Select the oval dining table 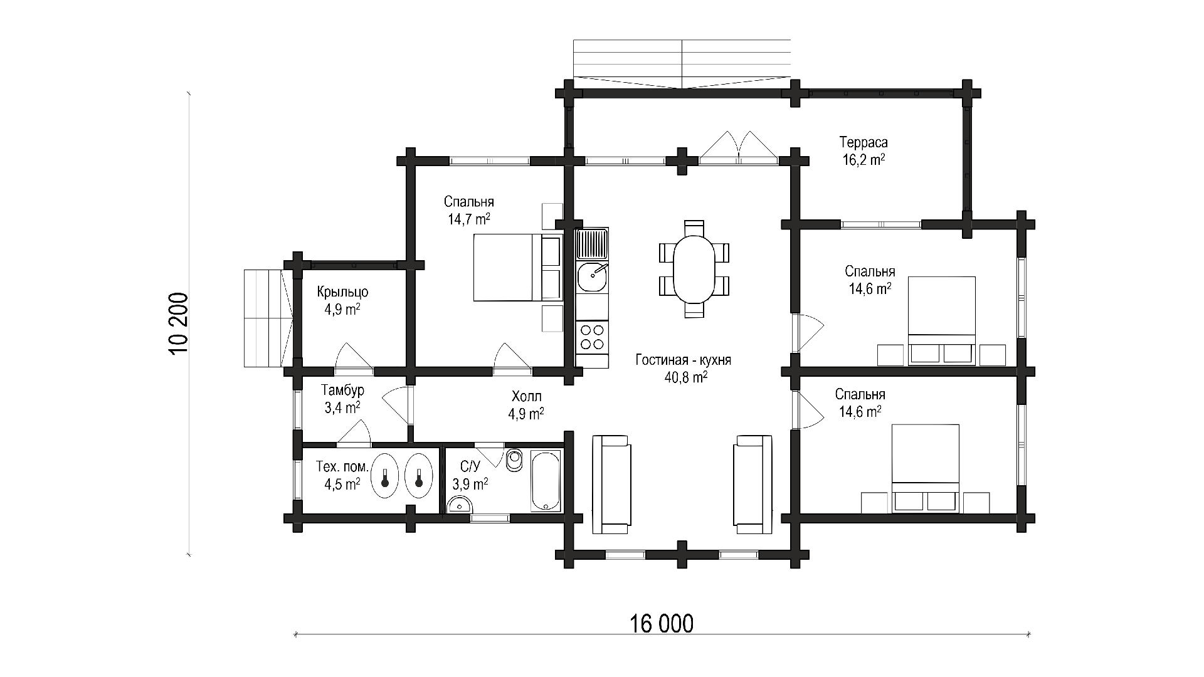pyautogui.click(x=694, y=270)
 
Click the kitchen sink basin pyautogui.click(x=592, y=277)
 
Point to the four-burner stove pyautogui.click(x=592, y=337)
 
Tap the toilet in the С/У pyautogui.click(x=514, y=460)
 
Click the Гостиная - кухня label pyautogui.click(x=684, y=360)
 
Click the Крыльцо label pyautogui.click(x=342, y=292)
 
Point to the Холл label pyautogui.click(x=527, y=396)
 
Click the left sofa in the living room pyautogui.click(x=611, y=484)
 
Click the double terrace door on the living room pyautogui.click(x=739, y=148)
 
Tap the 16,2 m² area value pyautogui.click(x=863, y=160)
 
